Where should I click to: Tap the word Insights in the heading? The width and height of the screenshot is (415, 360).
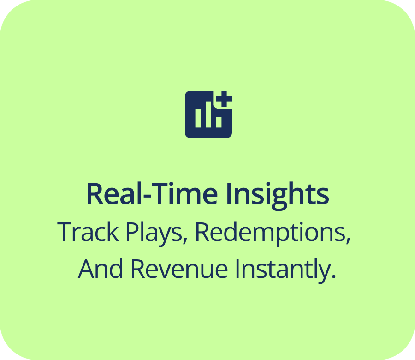tap(277, 195)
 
